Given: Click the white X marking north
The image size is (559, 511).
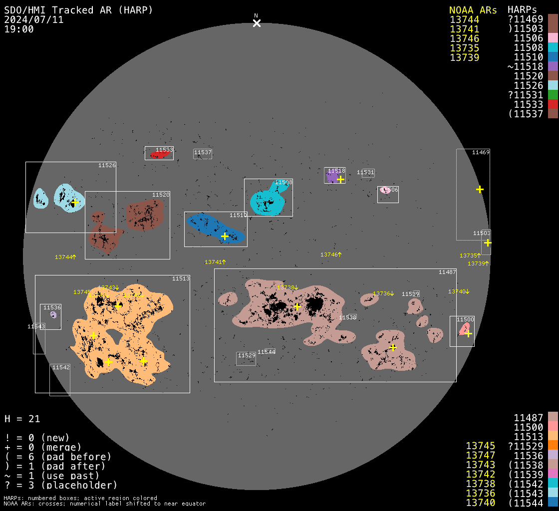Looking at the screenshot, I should pos(257,23).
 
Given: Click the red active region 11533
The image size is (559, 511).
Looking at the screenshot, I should pos(159,155).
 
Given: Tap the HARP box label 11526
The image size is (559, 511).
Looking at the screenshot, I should pos(107,165).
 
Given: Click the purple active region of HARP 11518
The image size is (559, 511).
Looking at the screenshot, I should pos(332,177).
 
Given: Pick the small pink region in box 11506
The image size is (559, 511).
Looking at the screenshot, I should pos(384,190).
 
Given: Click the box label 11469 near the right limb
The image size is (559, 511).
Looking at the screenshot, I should pos(481,152).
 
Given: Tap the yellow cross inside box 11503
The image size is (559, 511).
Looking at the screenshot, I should pos(488,243).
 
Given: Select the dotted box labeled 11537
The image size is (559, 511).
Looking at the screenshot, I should pos(203,154).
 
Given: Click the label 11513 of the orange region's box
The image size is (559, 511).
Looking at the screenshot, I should pos(181,278).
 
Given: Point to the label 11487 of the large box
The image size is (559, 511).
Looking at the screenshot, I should pos(447,272).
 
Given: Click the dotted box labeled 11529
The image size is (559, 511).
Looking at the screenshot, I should pos(246,358).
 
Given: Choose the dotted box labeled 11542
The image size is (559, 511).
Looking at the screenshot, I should pos(60,379).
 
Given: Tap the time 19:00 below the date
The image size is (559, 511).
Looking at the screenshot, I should pos(19,29).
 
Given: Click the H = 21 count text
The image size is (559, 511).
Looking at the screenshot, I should pos(22,419).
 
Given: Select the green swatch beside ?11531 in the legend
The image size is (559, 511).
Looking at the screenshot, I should pos(552,95).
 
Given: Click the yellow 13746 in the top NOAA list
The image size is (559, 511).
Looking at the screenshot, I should pos(464,38).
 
